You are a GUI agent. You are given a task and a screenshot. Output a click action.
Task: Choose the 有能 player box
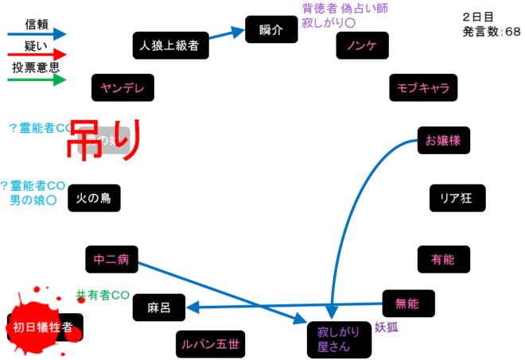pyautogui.click(x=443, y=259)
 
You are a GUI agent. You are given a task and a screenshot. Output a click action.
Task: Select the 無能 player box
pyautogui.click(x=406, y=303)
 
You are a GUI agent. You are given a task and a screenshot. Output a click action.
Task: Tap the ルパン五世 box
pyautogui.click(x=210, y=344)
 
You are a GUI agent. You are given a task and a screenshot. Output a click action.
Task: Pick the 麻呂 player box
pyautogui.click(x=159, y=307)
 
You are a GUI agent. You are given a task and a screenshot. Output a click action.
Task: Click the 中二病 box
pyautogui.click(x=111, y=259)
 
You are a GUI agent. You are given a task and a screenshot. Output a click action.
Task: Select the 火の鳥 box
pyautogui.click(x=94, y=198)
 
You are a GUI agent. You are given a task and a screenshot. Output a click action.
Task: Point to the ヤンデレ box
pyautogui.click(x=122, y=87)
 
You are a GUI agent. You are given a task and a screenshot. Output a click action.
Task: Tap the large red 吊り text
pyautogui.click(x=103, y=141)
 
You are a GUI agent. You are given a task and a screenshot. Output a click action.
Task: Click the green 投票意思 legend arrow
pyautogui.click(x=36, y=79)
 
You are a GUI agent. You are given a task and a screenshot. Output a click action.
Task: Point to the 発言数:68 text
pyautogui.click(x=491, y=33)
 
